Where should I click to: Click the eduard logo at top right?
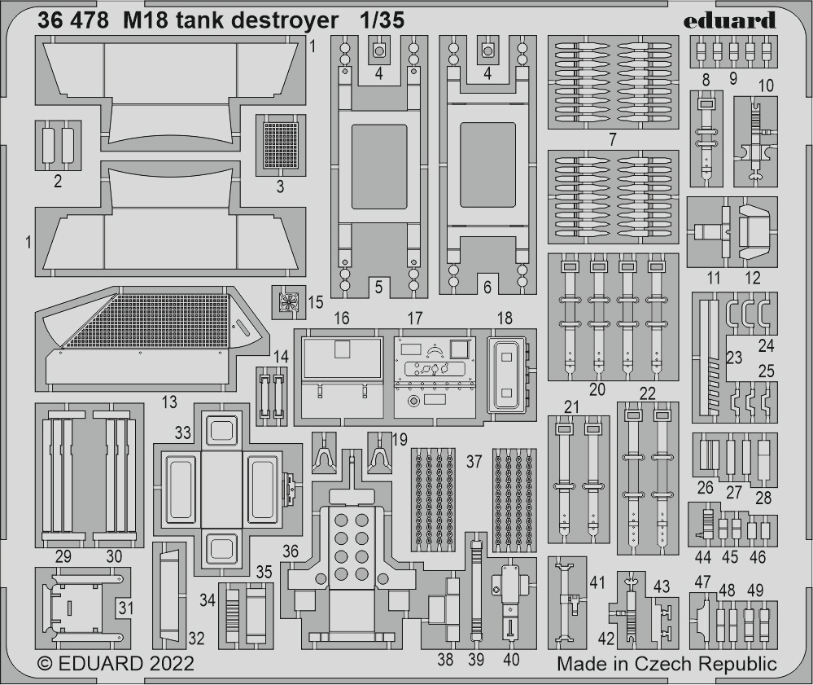click(729, 20)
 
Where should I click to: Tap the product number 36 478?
click(73, 20)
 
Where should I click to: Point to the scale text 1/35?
click(382, 20)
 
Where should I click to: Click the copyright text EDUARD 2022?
click(116, 664)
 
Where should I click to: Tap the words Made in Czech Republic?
click(667, 665)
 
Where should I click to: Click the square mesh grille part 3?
click(281, 145)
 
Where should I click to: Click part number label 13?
click(169, 402)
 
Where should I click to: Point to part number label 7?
click(613, 139)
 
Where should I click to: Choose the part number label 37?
click(474, 461)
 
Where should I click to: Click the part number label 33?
click(182, 433)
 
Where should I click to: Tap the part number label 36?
click(291, 551)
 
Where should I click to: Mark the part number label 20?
click(597, 389)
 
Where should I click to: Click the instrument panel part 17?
click(435, 377)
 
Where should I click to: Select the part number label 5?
click(378, 287)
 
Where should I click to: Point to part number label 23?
click(734, 358)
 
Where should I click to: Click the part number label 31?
click(125, 608)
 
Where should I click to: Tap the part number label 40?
click(511, 659)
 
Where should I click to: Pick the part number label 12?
click(752, 278)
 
